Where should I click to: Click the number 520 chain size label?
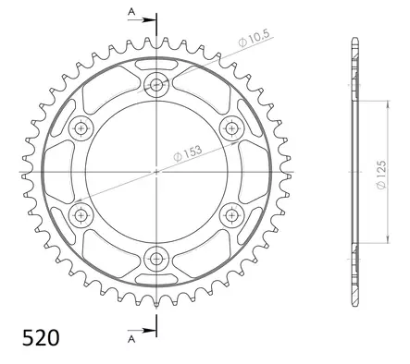point(41,336)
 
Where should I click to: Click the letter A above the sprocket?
point(131,12)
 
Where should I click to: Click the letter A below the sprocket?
point(131,338)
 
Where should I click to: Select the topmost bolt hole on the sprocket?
point(156,83)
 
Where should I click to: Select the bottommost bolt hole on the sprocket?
point(156,258)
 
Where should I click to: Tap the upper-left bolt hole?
point(81,127)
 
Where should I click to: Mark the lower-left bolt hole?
point(81,214)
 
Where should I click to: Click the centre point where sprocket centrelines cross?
point(156,171)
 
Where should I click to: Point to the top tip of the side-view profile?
point(353,40)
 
